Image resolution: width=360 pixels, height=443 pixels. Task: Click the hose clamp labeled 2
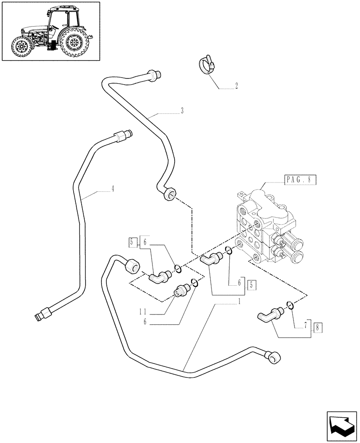tap(205, 66)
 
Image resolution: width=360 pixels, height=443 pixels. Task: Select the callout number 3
tap(182, 111)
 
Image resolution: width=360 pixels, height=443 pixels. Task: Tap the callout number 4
tap(113, 189)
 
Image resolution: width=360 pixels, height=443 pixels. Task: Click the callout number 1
tap(239, 301)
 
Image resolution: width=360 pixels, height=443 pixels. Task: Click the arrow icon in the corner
tap(341, 426)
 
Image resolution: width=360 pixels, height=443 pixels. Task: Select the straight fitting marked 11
tap(182, 290)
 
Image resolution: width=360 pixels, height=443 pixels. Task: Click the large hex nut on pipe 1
tap(133, 265)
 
